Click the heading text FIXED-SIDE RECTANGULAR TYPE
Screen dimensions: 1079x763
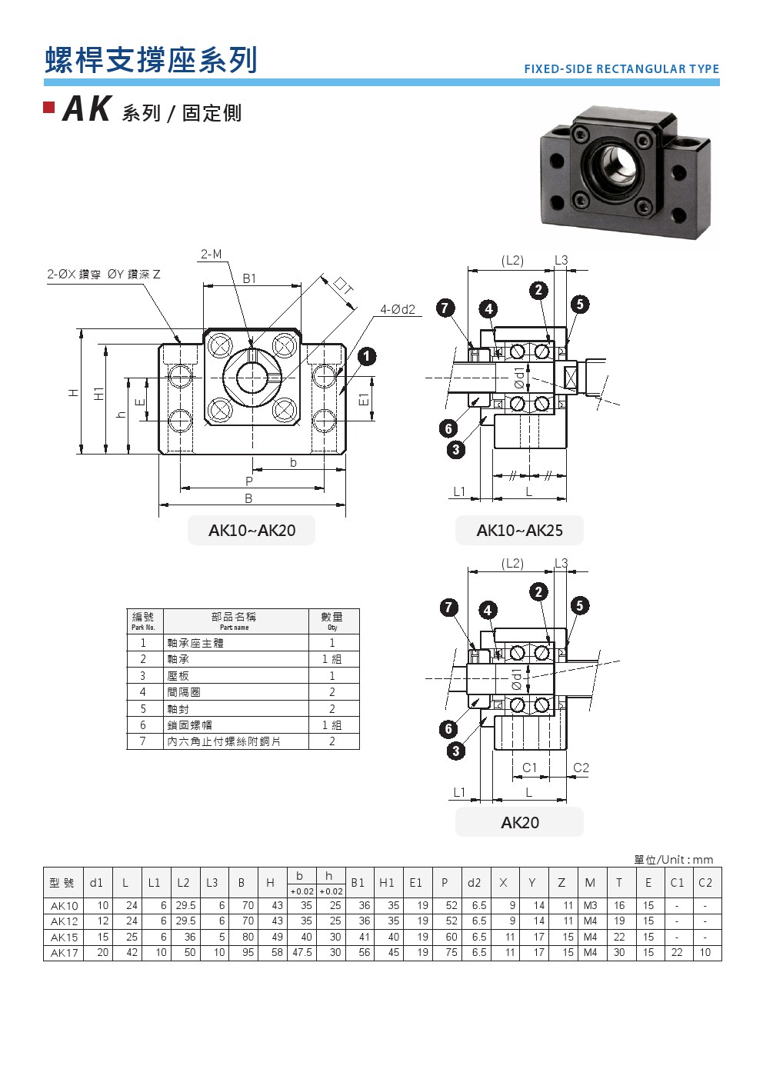621,69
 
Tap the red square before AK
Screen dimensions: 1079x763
49,108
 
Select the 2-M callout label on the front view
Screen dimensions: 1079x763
211,255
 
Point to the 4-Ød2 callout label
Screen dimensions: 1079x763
398,310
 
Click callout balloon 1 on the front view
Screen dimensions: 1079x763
367,356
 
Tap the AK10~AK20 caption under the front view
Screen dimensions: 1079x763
252,531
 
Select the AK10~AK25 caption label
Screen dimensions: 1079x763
519,531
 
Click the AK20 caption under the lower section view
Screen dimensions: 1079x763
519,823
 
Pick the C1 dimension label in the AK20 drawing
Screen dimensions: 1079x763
529,768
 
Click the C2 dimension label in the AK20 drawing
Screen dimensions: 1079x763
581,768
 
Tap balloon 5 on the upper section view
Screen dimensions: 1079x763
580,305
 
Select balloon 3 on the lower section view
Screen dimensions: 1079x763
456,751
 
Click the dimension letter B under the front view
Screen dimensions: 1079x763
248,499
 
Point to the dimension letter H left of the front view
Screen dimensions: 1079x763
74,392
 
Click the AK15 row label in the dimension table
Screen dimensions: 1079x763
64,937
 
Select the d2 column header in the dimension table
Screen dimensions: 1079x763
474,883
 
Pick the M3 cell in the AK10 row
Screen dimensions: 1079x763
590,906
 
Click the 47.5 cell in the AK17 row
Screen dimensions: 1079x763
302,953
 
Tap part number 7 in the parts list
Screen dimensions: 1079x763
142,741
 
